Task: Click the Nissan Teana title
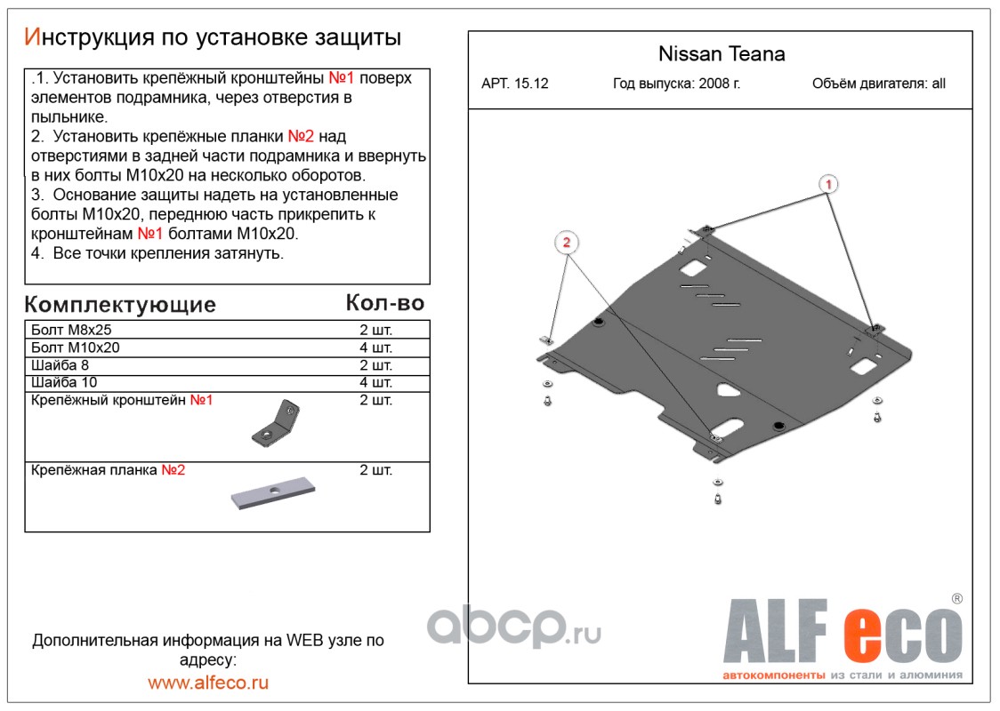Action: [x=721, y=54]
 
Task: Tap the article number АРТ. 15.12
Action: [x=515, y=84]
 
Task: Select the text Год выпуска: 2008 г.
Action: [x=676, y=84]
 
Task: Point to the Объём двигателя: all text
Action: [x=879, y=84]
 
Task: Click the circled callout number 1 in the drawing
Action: [x=827, y=184]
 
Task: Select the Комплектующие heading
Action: [x=120, y=305]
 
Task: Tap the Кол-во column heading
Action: [x=384, y=303]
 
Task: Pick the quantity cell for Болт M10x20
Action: [x=375, y=348]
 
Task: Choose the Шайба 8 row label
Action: [x=60, y=365]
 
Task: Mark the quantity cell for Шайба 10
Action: [x=375, y=383]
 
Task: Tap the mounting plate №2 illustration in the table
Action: [x=273, y=492]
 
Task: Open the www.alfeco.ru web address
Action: [x=208, y=683]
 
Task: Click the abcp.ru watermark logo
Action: [x=513, y=628]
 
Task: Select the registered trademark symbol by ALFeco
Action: [x=956, y=599]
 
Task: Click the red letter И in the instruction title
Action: [x=32, y=37]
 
